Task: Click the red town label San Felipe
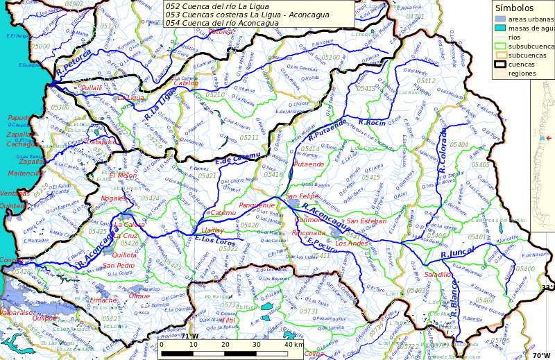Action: pos(302,197)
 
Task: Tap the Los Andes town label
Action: pos(351,243)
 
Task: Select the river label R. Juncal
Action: pos(458,255)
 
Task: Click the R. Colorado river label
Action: pos(443,150)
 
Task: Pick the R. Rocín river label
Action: pos(371,123)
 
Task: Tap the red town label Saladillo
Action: pos(438,275)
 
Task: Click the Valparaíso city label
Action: pos(17,313)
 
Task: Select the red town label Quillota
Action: pos(124,255)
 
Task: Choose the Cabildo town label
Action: pos(185,83)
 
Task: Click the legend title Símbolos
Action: pos(514,8)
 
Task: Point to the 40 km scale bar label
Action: pos(294,345)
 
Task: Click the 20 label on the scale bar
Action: pos(225,345)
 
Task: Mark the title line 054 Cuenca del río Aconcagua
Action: pos(221,23)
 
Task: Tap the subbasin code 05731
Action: pos(309,311)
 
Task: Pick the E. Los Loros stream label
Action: pos(216,241)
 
